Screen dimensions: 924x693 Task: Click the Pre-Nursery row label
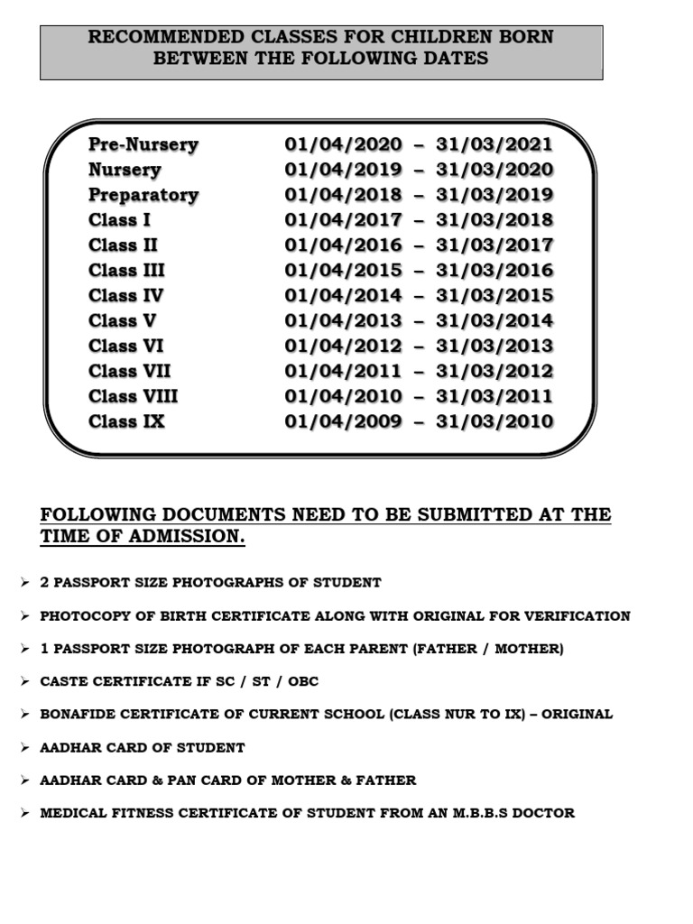(x=143, y=144)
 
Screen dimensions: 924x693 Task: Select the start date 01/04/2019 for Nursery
(x=343, y=170)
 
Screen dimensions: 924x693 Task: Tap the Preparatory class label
(x=143, y=195)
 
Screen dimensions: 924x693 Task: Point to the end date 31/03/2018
(x=494, y=220)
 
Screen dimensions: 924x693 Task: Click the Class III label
(x=127, y=271)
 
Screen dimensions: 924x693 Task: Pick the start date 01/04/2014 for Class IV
(x=343, y=295)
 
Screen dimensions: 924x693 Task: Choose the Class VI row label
(x=126, y=346)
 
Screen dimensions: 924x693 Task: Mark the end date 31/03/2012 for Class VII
(x=494, y=371)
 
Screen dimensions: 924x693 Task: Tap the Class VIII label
(x=134, y=396)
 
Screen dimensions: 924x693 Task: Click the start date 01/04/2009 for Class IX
(x=343, y=421)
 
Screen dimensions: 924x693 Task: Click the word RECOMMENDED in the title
(x=152, y=37)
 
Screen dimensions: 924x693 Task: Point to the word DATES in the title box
(x=457, y=59)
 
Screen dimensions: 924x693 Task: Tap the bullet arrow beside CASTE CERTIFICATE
(x=24, y=681)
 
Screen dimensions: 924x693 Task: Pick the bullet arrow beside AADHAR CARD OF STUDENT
(x=24, y=747)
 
